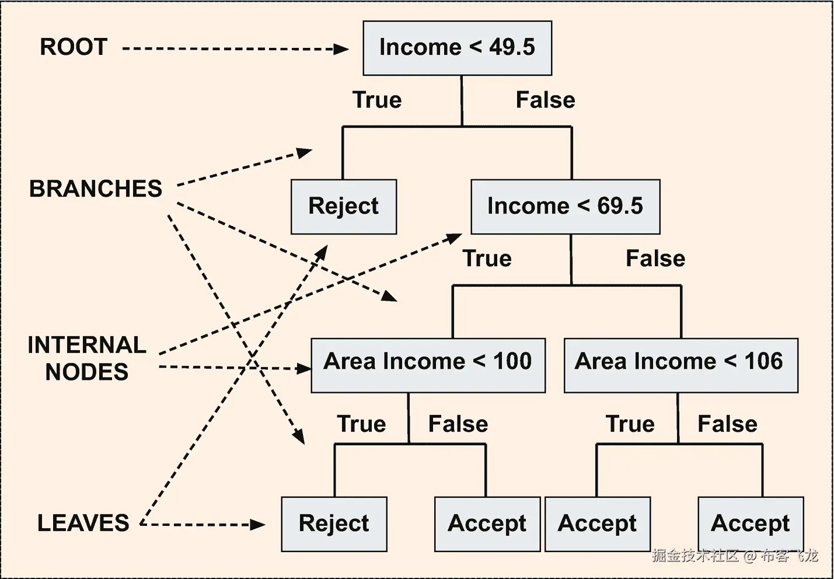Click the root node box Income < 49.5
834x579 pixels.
457,48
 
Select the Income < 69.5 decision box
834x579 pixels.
565,207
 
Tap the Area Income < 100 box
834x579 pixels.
428,365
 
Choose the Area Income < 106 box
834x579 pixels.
681,365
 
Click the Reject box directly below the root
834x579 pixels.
344,207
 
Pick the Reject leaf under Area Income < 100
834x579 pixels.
334,524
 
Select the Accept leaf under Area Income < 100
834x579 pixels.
487,524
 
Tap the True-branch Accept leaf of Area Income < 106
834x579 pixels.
597,524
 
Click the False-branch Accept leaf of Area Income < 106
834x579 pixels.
751,524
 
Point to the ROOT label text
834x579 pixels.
74,47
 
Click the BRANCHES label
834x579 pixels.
96,189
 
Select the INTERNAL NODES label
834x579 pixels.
87,358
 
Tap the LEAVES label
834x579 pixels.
83,523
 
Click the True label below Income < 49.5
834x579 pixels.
377,100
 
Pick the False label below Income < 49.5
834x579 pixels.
545,100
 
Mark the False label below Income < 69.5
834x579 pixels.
655,259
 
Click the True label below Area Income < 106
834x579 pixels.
630,424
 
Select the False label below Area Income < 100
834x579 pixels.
458,424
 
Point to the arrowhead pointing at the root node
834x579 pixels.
341,49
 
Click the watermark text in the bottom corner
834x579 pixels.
735,556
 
